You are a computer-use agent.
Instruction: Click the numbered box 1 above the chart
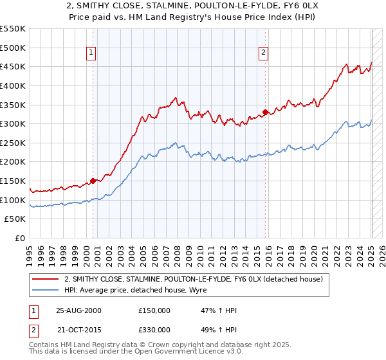91,53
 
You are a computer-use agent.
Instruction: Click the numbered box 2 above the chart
264,53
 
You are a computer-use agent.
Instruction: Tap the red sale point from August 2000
93,181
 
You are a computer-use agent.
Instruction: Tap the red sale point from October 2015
266,113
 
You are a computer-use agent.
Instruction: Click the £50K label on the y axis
15,219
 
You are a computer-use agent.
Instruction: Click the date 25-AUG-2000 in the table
79,310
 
